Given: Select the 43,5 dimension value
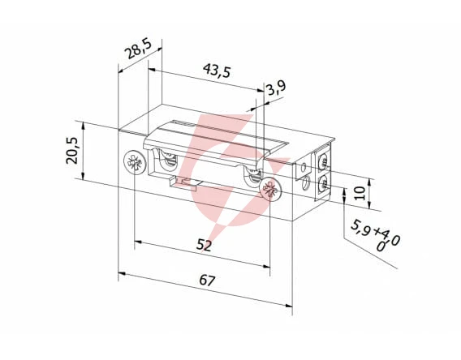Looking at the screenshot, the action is (x=217, y=71).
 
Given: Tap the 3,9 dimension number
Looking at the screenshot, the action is (x=276, y=88).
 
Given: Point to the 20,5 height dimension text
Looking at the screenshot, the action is (x=71, y=150).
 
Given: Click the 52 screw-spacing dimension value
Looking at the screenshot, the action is (x=204, y=245).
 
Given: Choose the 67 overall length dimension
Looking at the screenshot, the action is (x=207, y=281).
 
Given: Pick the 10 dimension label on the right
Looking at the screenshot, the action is (x=360, y=193).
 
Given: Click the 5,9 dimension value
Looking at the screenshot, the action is (x=360, y=228).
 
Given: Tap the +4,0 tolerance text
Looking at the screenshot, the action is (x=386, y=235).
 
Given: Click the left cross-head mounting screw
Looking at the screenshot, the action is (x=136, y=161).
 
